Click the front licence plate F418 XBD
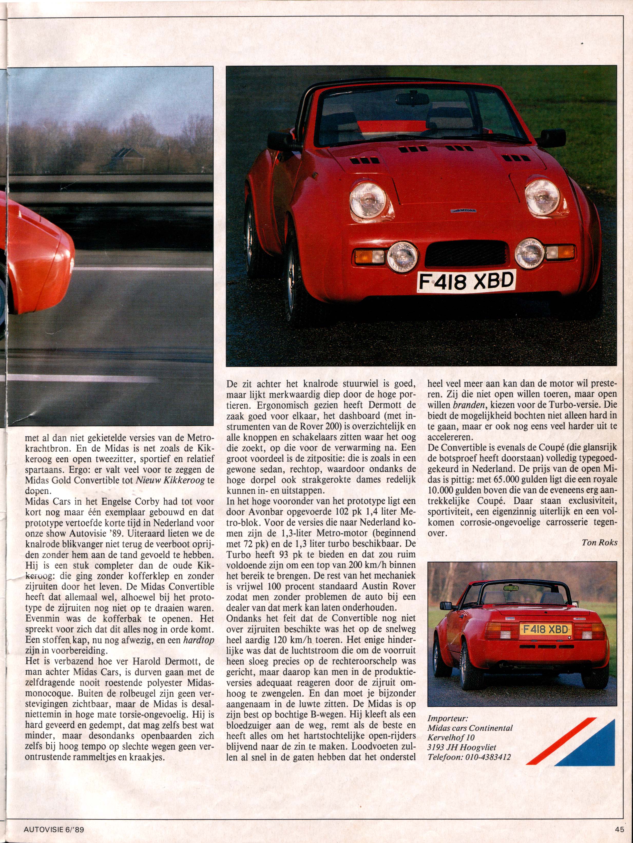466,282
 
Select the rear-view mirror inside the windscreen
413,98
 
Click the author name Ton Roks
599,542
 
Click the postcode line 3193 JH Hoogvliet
462,747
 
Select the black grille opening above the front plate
467,255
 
